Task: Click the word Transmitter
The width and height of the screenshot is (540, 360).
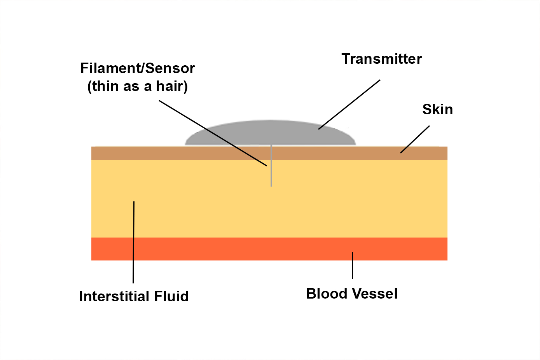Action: point(381,59)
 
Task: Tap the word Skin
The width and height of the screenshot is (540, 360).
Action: point(437,110)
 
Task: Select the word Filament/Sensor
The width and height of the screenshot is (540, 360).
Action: point(137,68)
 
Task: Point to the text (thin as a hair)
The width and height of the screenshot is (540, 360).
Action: point(137,86)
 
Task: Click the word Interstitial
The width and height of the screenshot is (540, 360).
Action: point(114,296)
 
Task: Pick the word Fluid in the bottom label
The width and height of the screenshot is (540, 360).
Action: point(171,296)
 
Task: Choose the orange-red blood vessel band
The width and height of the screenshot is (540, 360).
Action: point(233,249)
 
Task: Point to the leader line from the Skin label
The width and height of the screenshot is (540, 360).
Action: point(415,139)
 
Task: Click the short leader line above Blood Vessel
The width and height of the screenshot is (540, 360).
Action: point(352,265)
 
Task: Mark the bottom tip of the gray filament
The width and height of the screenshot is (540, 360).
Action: point(271,185)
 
